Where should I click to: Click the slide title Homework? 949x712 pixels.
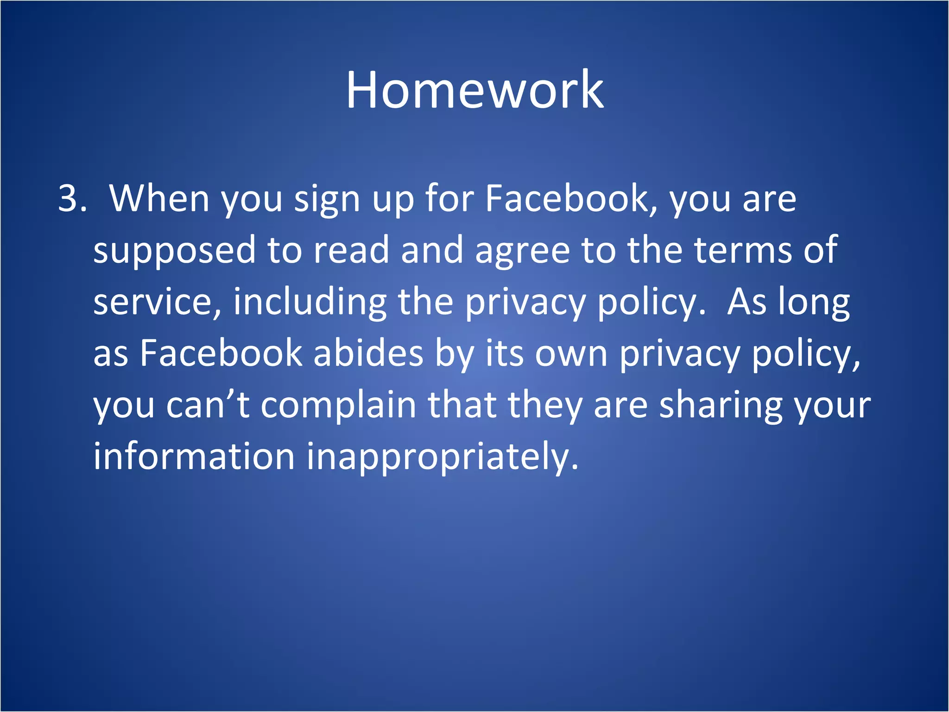(x=474, y=90)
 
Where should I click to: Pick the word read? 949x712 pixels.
(x=351, y=250)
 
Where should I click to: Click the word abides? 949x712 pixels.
(x=368, y=354)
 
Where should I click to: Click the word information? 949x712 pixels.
(x=194, y=457)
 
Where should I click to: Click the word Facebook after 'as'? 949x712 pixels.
(x=221, y=354)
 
